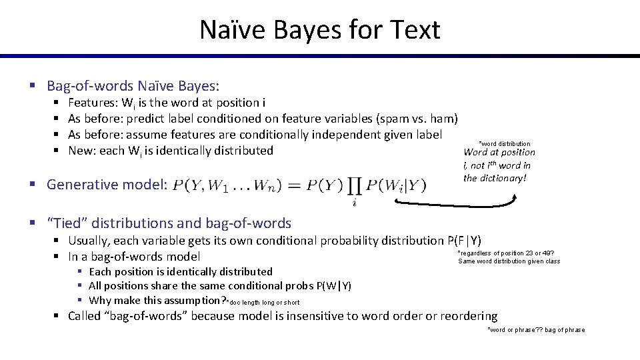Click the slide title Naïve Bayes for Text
pyautogui.click(x=319, y=30)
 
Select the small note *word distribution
pyautogui.click(x=505, y=143)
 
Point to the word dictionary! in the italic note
pyautogui.click(x=504, y=178)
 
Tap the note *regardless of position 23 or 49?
pyautogui.click(x=505, y=253)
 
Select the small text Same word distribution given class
pyautogui.click(x=509, y=261)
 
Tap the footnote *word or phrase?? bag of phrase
pyautogui.click(x=536, y=329)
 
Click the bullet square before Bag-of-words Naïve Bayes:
pyautogui.click(x=31, y=86)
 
